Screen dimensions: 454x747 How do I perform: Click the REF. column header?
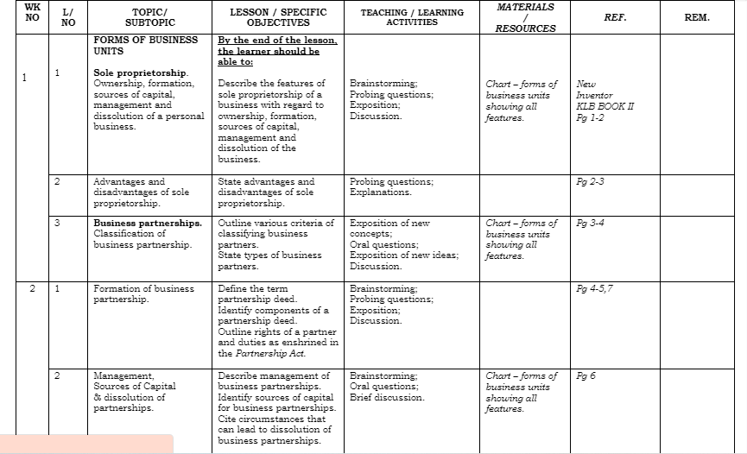616,17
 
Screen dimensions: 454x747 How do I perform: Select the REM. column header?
696,17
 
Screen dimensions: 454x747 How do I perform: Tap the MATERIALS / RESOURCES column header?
525,17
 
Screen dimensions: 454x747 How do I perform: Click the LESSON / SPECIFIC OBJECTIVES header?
278,17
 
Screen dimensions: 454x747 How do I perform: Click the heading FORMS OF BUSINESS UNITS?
145,45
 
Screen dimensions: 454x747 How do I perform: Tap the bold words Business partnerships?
148,223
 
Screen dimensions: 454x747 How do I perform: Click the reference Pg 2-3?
592,182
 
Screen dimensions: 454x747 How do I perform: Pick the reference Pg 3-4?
592,223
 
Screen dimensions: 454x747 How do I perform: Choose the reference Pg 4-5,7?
595,288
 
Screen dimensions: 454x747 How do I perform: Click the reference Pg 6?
586,375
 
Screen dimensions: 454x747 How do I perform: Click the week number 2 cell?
33,288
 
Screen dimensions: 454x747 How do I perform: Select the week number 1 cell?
25,78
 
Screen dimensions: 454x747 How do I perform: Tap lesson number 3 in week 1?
57,223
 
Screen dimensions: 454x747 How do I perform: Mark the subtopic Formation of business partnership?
143,293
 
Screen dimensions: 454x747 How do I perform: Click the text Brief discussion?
387,397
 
